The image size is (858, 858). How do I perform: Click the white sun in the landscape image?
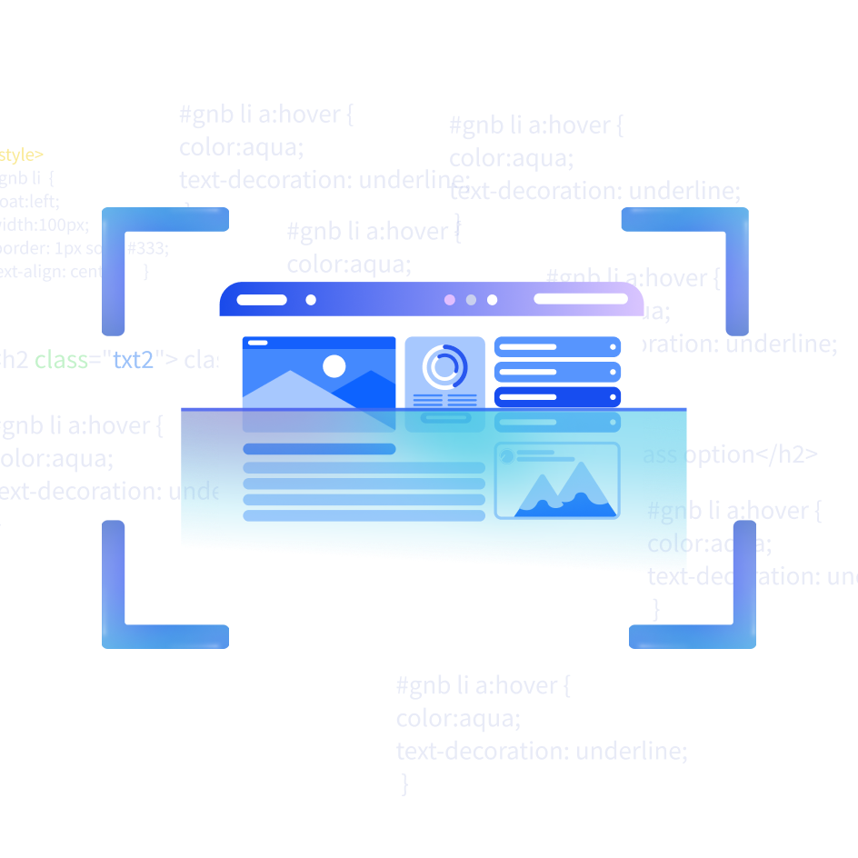334,366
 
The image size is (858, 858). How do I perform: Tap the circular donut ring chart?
444,367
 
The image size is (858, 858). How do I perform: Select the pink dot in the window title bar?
449,300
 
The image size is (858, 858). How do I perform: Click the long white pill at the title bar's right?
581,299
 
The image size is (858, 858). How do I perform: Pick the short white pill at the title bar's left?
262,300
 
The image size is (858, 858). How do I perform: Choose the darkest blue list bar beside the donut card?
557,397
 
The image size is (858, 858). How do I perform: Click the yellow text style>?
22,155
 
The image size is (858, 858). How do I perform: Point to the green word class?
62,360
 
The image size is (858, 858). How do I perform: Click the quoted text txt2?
133,360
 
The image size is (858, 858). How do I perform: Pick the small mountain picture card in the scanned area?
557,481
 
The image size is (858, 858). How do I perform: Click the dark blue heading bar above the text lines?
319,449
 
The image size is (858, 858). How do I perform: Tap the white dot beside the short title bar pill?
311,300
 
